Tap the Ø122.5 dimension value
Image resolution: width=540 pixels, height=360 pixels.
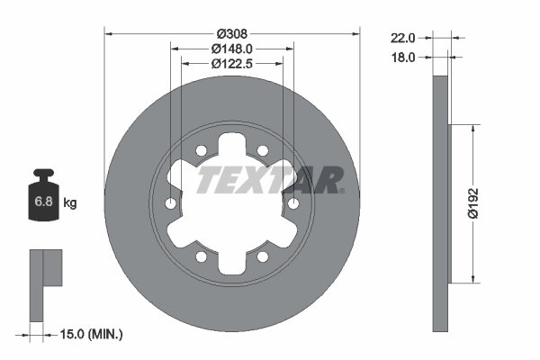click(x=232, y=64)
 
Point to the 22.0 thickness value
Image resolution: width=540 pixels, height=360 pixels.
click(x=402, y=38)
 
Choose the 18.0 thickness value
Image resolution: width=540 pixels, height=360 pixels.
click(x=402, y=57)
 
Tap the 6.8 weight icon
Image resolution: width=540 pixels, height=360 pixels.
click(x=42, y=200)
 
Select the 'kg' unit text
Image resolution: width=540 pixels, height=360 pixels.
click(x=69, y=203)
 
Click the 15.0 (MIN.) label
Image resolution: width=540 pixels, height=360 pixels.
click(x=89, y=334)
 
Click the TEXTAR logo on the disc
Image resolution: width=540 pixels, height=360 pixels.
click(x=270, y=180)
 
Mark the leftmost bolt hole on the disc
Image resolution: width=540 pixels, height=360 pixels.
click(x=171, y=204)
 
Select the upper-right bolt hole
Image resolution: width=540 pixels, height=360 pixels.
click(x=263, y=150)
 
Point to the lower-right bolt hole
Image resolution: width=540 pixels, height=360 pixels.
click(x=263, y=257)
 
